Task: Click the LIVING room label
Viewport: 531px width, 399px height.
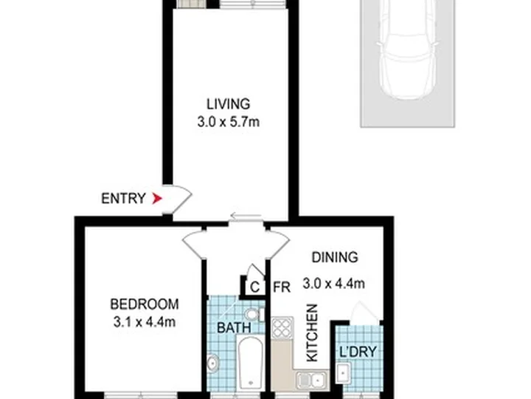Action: coord(229,104)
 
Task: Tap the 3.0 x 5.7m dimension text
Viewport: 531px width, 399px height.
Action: coord(229,122)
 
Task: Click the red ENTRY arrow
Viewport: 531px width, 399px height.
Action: coord(157,198)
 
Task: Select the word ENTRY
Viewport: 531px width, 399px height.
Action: coord(124,198)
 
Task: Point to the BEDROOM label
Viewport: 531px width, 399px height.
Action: coord(145,304)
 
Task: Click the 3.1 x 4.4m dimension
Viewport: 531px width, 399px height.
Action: coord(145,322)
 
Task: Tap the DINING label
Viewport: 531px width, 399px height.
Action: coord(335,257)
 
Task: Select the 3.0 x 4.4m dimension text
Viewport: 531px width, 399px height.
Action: coord(333,283)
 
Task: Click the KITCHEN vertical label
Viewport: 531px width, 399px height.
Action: coord(312,332)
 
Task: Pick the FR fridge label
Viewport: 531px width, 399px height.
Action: coord(282,287)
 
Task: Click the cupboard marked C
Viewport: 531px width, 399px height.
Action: coord(254,287)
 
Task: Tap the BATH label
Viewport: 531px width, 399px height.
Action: coord(234,328)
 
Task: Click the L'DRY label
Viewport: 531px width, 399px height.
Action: coord(358,352)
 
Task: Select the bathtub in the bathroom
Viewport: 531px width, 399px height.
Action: coord(250,362)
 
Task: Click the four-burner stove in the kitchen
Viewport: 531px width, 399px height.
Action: coord(282,328)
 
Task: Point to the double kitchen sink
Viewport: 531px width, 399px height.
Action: coord(311,380)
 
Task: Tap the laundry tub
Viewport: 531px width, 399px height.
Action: coord(344,373)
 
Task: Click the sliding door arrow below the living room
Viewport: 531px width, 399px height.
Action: coord(246,216)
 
